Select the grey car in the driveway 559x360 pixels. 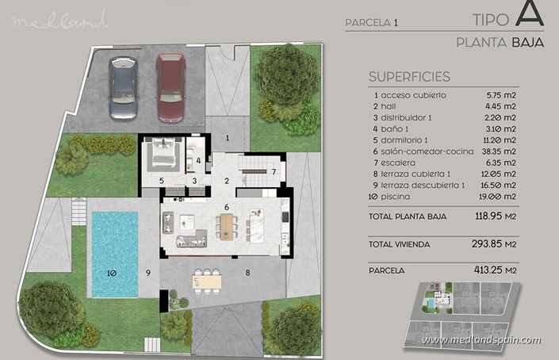[x=124, y=87]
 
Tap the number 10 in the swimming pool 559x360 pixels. [x=111, y=273]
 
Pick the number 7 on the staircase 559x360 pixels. [x=273, y=171]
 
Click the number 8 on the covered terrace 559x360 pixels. [x=247, y=273]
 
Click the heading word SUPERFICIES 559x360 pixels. [x=409, y=77]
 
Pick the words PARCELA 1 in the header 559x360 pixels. [x=371, y=23]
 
